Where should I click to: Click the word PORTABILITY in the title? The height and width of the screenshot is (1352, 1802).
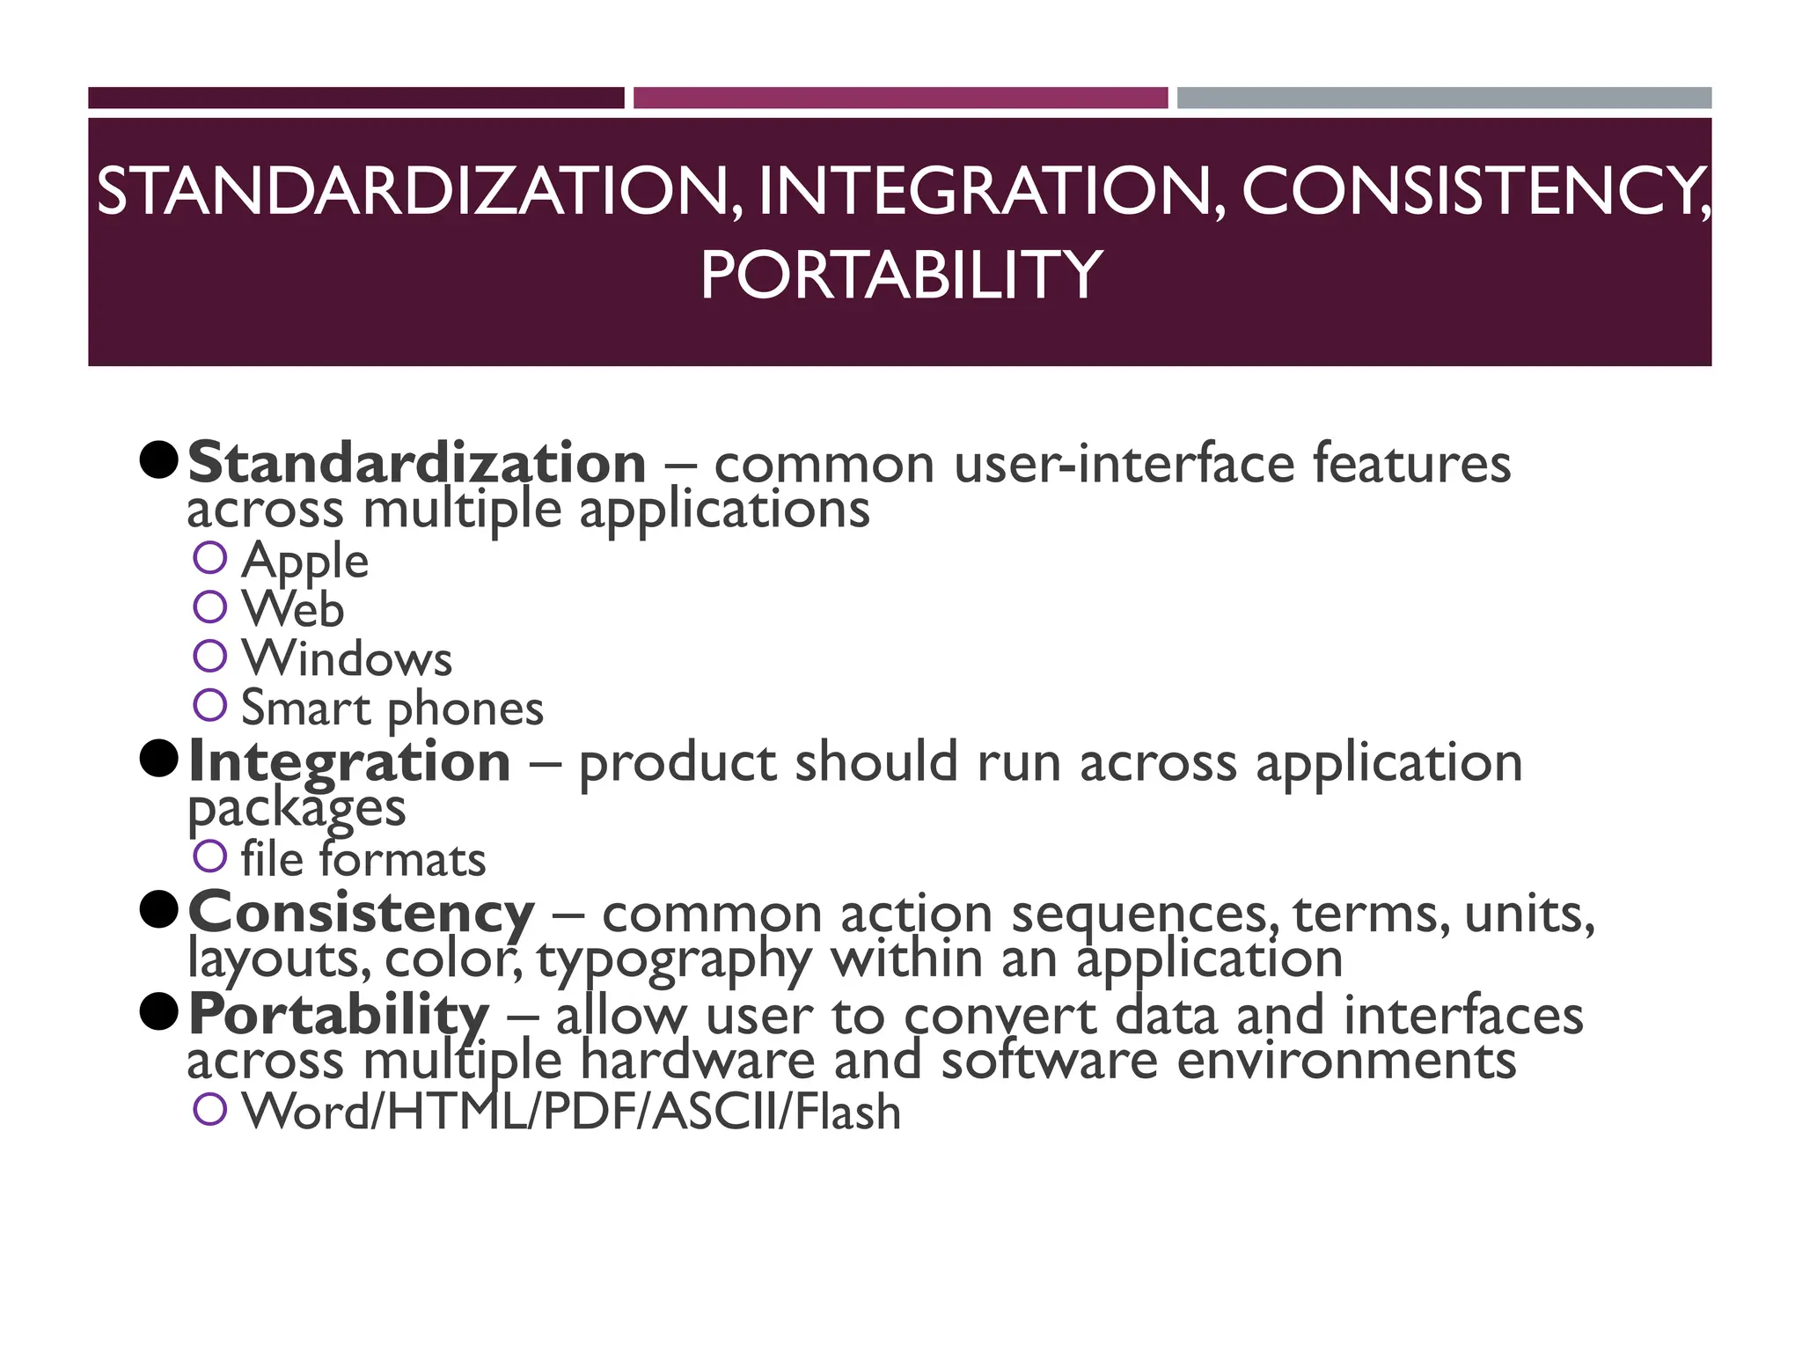click(x=900, y=275)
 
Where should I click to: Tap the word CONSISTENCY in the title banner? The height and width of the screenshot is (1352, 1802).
click(x=1474, y=191)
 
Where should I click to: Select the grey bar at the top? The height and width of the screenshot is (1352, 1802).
click(x=1444, y=98)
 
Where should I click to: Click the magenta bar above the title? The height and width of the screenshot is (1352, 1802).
click(x=900, y=98)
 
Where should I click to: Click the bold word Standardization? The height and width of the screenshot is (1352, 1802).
click(x=417, y=463)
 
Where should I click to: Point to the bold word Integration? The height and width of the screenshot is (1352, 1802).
click(x=349, y=761)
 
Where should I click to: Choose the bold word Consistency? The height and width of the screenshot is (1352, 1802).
click(x=361, y=913)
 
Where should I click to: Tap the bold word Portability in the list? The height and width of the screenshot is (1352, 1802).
click(x=339, y=1014)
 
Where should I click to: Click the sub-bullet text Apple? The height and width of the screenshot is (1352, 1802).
click(x=304, y=561)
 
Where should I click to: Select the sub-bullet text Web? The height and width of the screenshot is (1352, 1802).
click(x=292, y=609)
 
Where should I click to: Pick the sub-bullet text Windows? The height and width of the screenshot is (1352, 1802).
click(x=347, y=658)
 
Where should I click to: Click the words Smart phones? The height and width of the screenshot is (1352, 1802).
click(x=392, y=709)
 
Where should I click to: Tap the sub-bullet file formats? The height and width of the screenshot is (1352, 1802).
click(x=363, y=860)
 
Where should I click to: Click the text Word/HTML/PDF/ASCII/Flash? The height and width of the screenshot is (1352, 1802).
click(x=571, y=1112)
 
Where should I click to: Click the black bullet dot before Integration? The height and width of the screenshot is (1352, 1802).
click(x=159, y=759)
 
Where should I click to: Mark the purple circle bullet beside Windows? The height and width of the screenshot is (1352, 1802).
click(x=210, y=656)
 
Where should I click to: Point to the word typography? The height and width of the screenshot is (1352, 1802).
click(x=674, y=960)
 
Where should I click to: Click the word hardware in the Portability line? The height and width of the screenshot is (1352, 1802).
click(x=697, y=1061)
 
